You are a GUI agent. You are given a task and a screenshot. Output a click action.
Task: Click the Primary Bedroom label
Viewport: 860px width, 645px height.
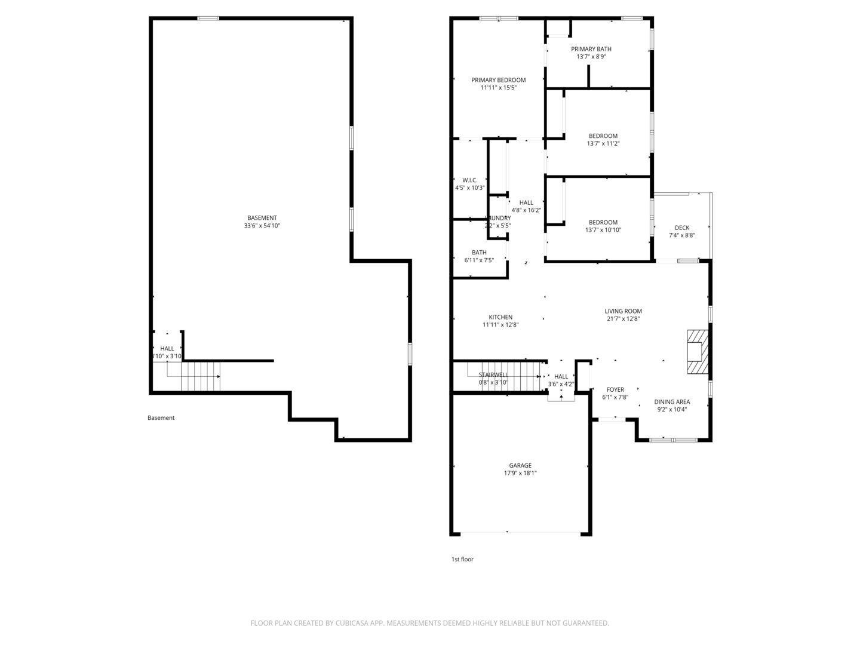tap(498, 80)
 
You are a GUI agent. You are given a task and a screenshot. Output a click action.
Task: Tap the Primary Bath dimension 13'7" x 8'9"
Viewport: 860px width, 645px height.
tap(591, 57)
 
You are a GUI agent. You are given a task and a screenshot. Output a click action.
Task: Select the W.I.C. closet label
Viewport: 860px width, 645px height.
tap(469, 180)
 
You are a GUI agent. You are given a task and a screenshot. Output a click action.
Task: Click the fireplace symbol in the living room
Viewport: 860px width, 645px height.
tap(696, 352)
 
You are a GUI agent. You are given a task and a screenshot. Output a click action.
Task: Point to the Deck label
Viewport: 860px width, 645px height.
tap(681, 228)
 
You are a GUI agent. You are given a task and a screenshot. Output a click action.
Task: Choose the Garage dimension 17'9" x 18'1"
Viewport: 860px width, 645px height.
tap(520, 473)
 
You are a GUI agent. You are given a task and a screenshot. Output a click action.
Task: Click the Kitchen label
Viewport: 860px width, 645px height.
tap(500, 317)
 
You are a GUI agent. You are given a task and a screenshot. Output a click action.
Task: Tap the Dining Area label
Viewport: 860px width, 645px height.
tap(671, 402)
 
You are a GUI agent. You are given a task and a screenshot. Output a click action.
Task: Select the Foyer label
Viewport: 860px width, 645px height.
tap(615, 389)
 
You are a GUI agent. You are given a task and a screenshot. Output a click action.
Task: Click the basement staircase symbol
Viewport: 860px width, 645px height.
tap(200, 376)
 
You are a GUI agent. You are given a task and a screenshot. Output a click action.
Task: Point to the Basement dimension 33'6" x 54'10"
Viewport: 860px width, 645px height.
tap(262, 226)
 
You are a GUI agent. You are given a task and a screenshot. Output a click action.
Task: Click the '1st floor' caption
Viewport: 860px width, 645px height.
tap(462, 559)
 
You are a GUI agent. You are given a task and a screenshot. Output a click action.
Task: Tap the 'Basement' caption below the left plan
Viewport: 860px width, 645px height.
tap(161, 417)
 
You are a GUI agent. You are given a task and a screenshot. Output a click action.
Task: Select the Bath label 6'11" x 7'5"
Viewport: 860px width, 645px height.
tap(478, 253)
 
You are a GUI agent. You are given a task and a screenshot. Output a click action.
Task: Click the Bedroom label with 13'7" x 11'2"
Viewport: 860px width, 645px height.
tap(603, 136)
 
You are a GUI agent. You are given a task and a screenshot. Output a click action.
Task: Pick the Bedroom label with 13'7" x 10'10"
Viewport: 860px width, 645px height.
tap(603, 222)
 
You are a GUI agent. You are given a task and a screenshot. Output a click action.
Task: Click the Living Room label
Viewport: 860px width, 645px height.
tap(623, 311)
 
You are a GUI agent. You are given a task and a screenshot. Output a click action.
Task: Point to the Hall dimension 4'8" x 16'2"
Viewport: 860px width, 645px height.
tap(526, 210)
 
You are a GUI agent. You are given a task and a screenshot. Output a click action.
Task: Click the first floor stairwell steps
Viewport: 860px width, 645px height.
tap(514, 376)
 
